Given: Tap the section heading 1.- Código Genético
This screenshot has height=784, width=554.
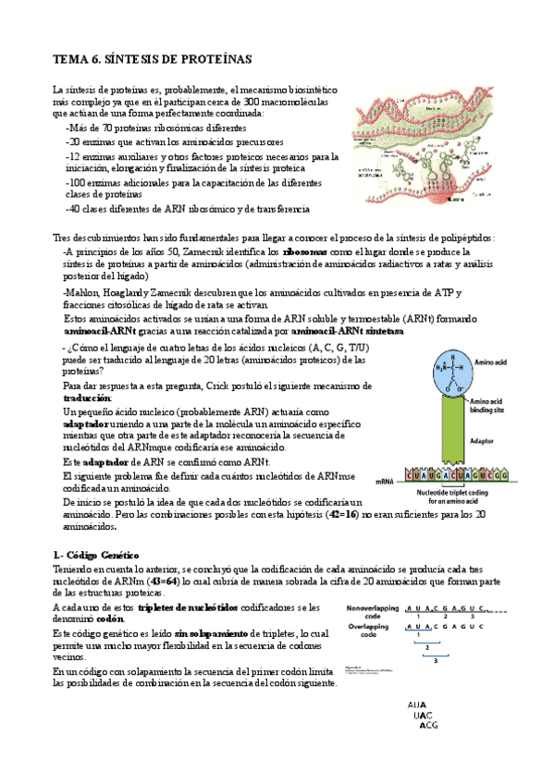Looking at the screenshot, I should click(97, 553).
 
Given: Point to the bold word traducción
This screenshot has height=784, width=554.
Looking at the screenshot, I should click(78, 397).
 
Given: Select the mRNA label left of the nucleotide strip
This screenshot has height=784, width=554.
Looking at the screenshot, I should click(385, 482).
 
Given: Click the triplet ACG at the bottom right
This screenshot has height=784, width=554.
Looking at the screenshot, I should click(428, 726).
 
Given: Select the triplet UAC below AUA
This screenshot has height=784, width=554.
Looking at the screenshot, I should click(424, 716).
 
